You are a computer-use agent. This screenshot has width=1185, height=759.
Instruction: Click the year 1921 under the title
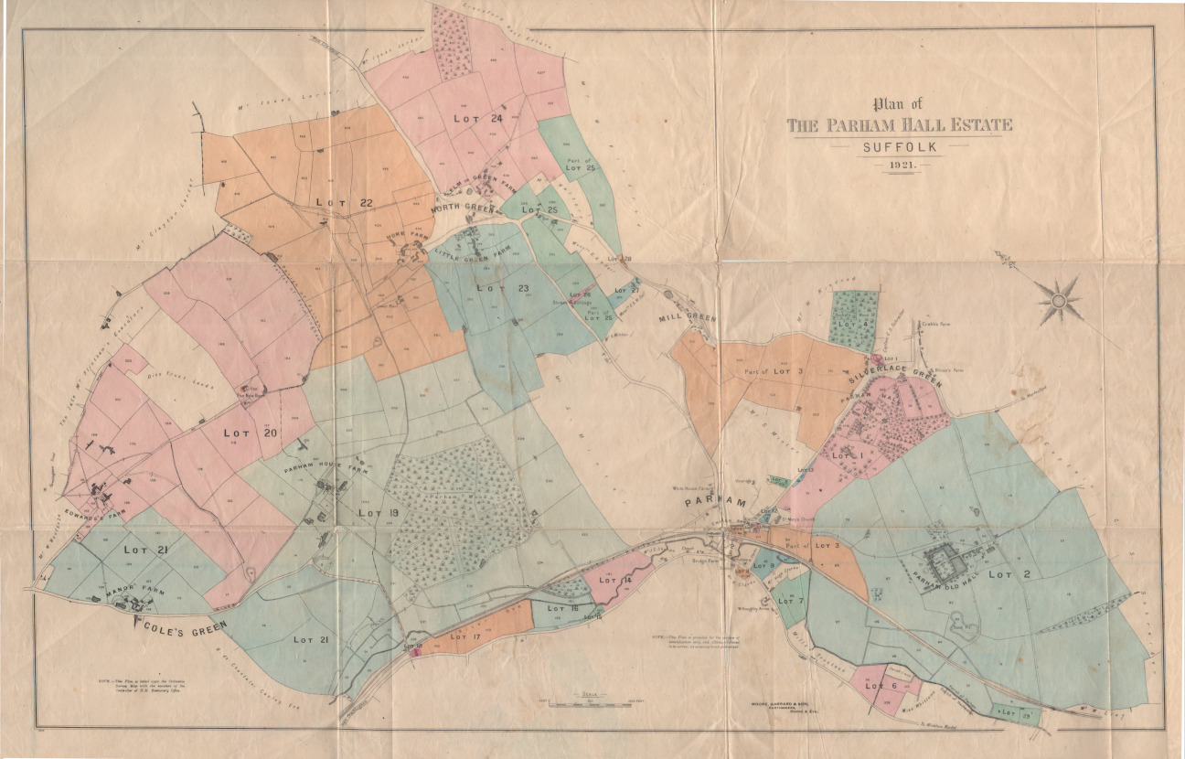pyautogui.click(x=901, y=166)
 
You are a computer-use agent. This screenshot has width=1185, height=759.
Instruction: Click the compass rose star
pyautogui.click(x=1061, y=299)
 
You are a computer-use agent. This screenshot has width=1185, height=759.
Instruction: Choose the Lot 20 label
pyautogui.click(x=251, y=432)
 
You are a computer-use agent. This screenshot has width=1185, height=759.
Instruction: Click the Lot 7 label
pyautogui.click(x=792, y=601)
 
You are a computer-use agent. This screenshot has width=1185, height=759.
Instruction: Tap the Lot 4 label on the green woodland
pyautogui.click(x=851, y=324)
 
